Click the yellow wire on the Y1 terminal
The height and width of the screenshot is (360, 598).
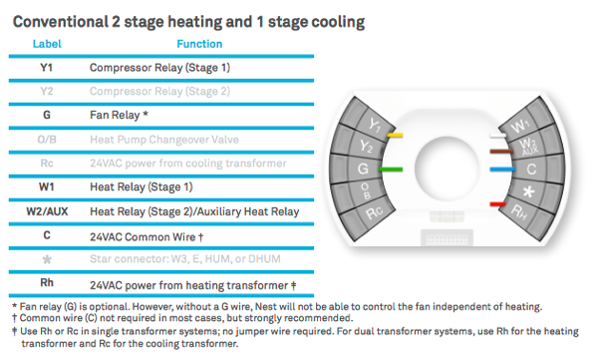(x=396, y=134)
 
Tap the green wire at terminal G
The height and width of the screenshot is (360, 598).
(x=399, y=171)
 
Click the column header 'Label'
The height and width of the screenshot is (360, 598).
(x=47, y=45)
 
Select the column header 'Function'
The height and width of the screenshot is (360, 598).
(x=198, y=45)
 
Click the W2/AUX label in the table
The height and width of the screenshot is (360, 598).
(x=47, y=211)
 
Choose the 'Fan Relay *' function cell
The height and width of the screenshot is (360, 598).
(x=119, y=116)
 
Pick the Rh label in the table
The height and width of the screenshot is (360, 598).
(x=47, y=283)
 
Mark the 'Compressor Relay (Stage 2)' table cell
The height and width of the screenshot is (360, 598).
(x=159, y=92)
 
